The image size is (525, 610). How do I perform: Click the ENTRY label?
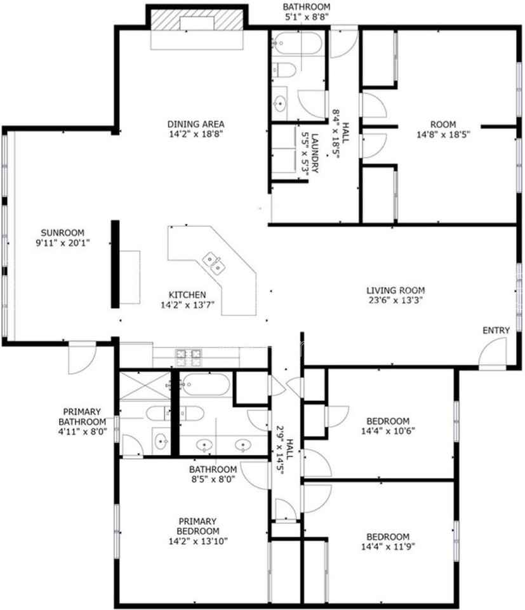[x=496, y=330]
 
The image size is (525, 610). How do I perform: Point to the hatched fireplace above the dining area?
[x=197, y=20]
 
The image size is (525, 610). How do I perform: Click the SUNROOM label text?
[x=62, y=233]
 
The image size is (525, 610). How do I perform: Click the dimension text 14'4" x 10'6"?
[x=388, y=431]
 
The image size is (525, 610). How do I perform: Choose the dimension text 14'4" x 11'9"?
[x=388, y=546]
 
